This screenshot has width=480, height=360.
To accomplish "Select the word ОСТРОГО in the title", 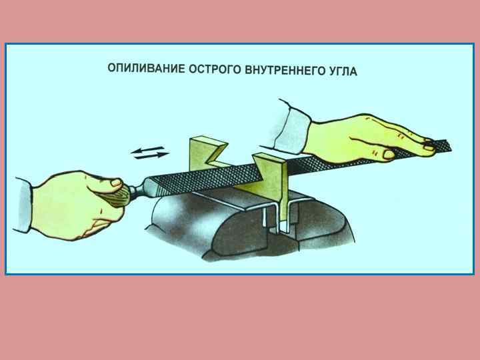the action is pyautogui.click(x=215, y=69).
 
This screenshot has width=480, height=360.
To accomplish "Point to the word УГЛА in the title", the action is pyautogui.click(x=343, y=71).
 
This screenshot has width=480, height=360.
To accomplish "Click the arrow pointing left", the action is pyautogui.click(x=147, y=150).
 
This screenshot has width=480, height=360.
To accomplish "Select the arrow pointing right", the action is pyautogui.click(x=152, y=155).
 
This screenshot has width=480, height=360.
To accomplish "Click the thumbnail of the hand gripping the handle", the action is pyautogui.click(x=116, y=183).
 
